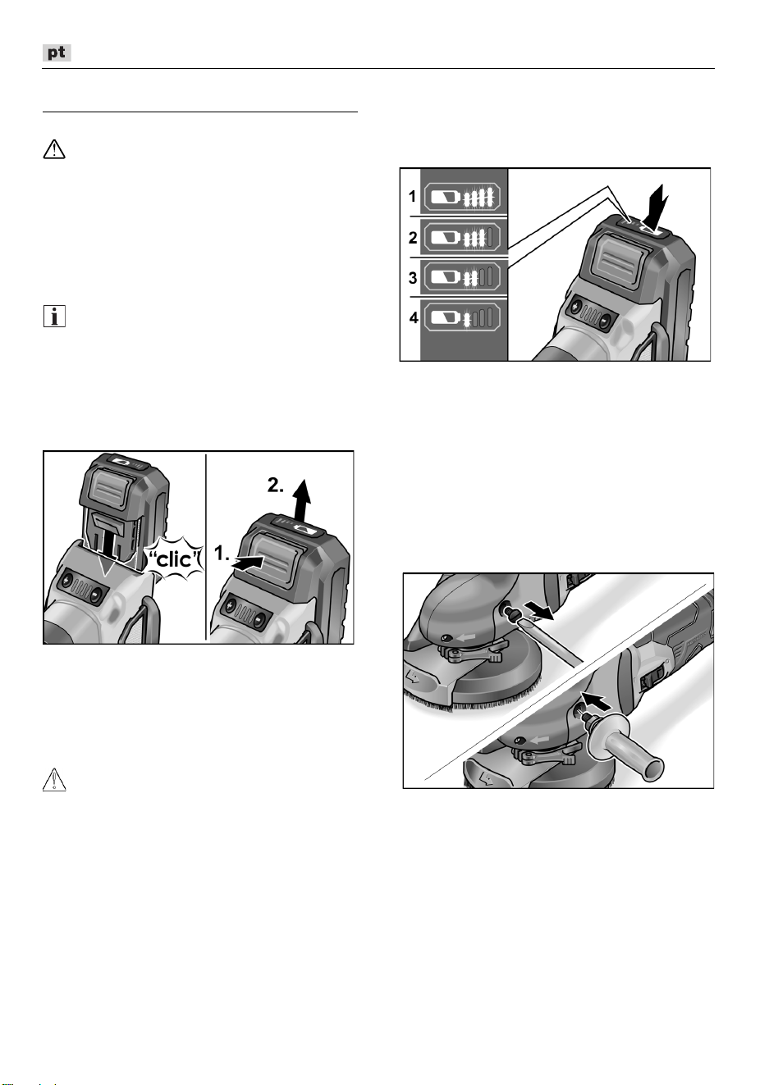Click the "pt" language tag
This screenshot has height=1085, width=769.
(57, 52)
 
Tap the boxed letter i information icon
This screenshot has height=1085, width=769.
(54, 317)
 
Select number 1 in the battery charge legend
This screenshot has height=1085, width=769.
(412, 197)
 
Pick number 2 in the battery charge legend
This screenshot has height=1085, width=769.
(413, 238)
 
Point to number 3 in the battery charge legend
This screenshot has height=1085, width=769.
(413, 278)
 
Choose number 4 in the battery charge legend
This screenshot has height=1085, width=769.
(413, 317)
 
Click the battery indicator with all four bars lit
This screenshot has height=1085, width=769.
(462, 197)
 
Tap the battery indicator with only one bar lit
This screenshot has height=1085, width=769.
(462, 318)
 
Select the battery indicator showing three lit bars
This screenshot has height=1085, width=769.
(462, 238)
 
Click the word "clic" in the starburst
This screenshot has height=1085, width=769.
(175, 560)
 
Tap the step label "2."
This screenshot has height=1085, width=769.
(276, 486)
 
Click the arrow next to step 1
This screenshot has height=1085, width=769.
(248, 563)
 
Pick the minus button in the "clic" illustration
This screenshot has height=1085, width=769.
(98, 593)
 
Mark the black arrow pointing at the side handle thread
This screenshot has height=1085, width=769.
(594, 700)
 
